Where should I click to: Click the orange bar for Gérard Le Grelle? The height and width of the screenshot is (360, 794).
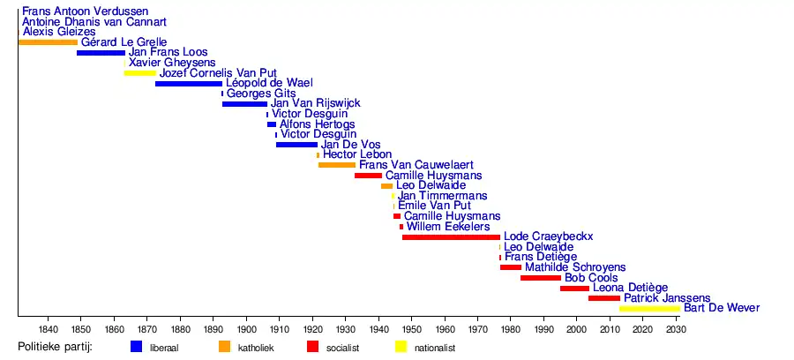coord(48,42)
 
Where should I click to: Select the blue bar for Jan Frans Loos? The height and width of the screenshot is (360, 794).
coord(101,53)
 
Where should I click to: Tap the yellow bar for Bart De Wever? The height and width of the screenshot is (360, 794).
coord(649,308)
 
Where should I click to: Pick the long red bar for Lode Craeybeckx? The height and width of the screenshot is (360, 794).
coord(451,236)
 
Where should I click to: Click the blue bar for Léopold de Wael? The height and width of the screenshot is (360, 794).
coord(189,84)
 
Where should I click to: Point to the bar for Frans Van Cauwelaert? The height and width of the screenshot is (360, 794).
coord(337,165)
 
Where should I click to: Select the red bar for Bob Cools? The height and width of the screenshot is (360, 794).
coord(541,278)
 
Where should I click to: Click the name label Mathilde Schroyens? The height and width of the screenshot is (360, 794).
coord(575,266)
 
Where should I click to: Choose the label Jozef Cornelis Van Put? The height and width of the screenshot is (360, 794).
coord(218,73)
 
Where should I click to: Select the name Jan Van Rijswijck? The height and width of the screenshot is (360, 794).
coord(315,104)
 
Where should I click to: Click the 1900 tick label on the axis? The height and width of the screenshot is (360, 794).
coord(246,329)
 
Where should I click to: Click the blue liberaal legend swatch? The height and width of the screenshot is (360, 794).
coord(136,347)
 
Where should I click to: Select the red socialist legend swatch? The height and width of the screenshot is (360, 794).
coord(312,347)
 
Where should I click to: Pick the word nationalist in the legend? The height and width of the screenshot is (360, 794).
coord(435,349)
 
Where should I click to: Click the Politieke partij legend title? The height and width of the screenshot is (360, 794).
coord(56,348)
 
